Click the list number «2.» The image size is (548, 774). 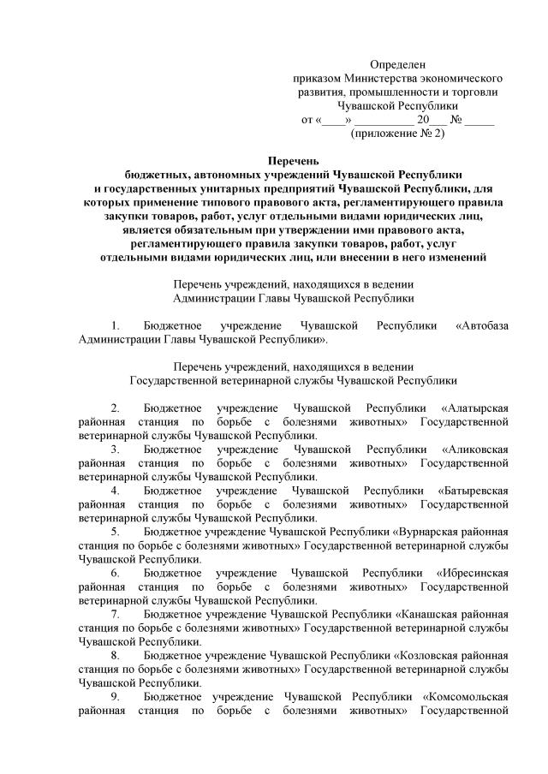(x=116, y=408)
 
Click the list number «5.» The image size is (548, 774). (x=116, y=532)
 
